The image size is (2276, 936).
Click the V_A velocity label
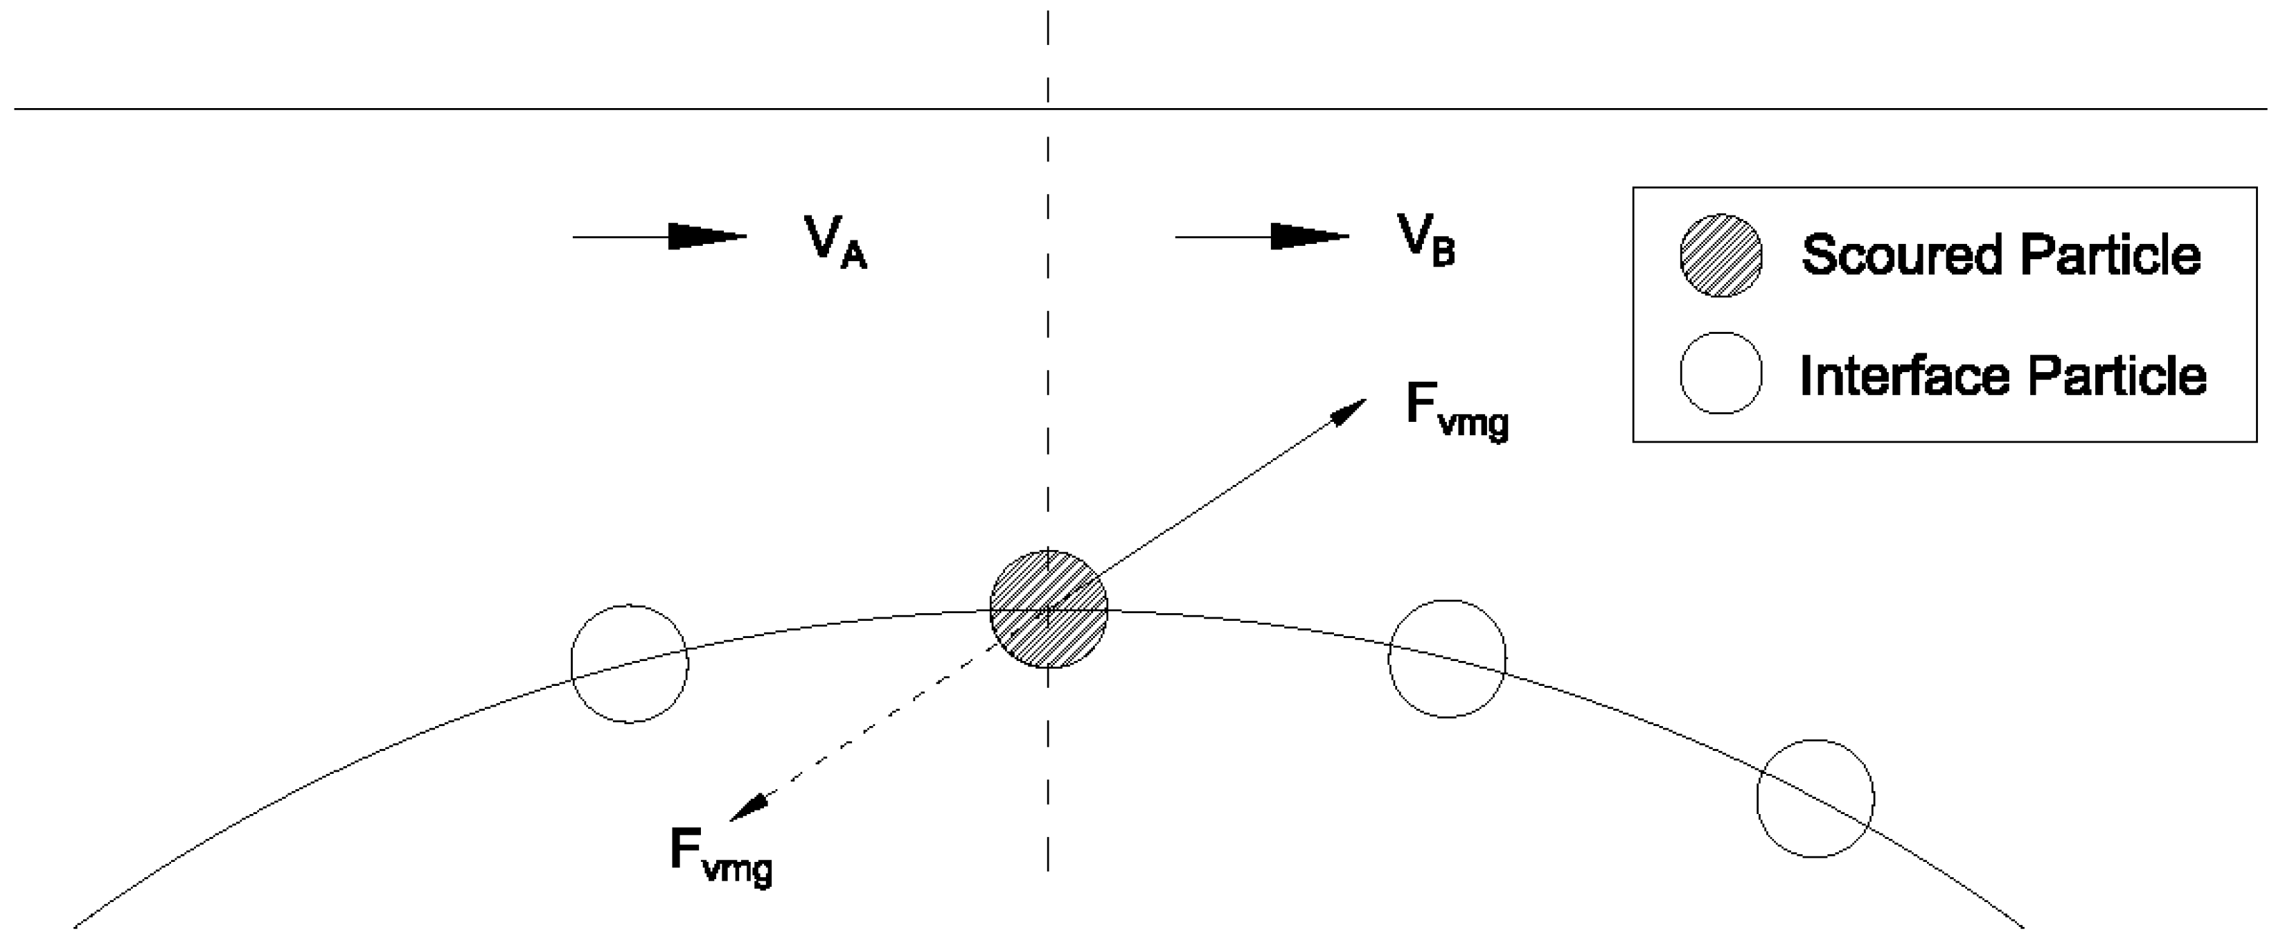[834, 240]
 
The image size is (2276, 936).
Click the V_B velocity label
[1424, 240]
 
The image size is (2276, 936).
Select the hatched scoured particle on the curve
[1048, 609]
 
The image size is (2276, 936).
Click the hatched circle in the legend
[1721, 256]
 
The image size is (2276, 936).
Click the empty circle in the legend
[1721, 373]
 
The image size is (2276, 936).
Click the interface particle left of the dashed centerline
[629, 664]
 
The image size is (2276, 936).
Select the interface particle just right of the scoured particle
[1446, 658]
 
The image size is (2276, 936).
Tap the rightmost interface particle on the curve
[1815, 798]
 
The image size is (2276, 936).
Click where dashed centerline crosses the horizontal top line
[1048, 109]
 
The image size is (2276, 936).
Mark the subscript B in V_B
[1442, 254]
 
